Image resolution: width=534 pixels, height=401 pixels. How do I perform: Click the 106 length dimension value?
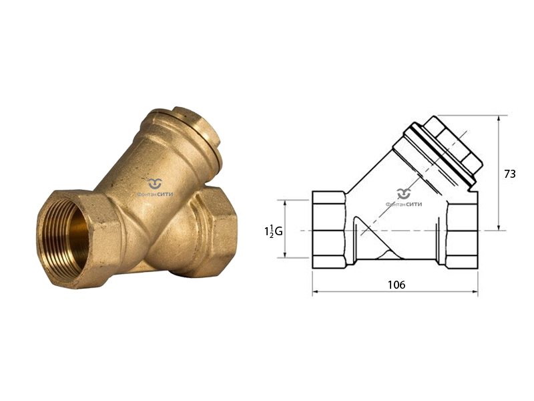click(x=396, y=285)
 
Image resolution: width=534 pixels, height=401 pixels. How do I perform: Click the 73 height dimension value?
click(x=510, y=174)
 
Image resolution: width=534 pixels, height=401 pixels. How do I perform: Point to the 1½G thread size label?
click(x=274, y=231)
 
